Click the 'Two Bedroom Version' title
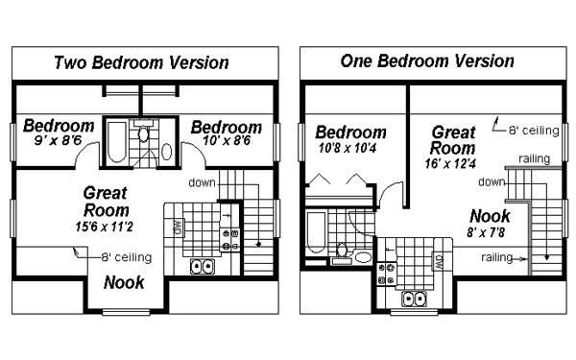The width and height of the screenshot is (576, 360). [141, 63]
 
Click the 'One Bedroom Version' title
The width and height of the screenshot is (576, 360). [427, 61]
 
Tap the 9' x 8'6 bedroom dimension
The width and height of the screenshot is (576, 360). [58, 140]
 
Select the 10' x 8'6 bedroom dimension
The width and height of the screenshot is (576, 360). [227, 140]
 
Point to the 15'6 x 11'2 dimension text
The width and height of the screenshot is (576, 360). [107, 227]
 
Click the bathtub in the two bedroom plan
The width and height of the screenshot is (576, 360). [114, 142]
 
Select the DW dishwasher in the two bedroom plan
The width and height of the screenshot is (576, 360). [179, 228]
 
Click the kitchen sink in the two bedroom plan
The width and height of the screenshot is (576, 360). [203, 267]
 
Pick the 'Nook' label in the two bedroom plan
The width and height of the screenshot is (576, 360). [125, 282]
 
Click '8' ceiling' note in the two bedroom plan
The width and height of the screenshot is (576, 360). [125, 256]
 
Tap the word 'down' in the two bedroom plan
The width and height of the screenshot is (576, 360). [202, 181]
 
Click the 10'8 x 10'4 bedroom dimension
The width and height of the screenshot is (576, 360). [350, 149]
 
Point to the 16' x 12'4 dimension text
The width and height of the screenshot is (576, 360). [451, 164]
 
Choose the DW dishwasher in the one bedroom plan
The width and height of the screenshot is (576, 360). [438, 259]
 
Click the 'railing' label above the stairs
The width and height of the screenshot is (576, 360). [534, 158]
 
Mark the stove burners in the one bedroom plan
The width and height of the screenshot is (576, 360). [389, 276]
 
